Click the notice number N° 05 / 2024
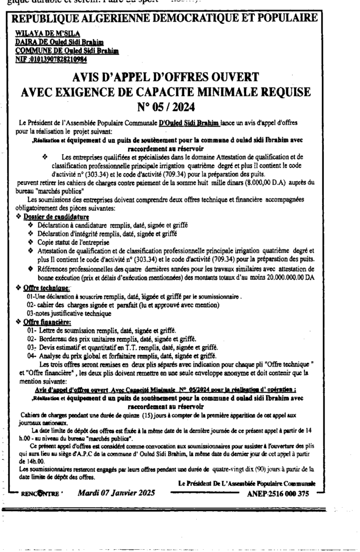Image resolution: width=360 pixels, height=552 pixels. [180, 106]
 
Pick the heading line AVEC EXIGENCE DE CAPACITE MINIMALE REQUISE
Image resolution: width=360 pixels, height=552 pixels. [180, 91]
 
